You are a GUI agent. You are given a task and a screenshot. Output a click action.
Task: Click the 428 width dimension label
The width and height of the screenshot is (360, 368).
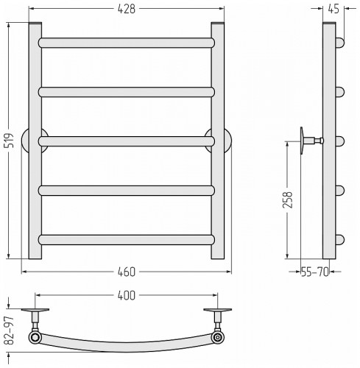(x=127, y=9)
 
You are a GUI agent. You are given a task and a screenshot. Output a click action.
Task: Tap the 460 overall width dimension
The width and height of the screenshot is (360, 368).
(x=127, y=272)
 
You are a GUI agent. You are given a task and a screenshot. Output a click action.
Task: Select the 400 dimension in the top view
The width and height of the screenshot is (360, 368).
(x=127, y=295)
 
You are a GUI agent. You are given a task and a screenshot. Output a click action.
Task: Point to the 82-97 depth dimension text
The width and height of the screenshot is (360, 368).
(x=9, y=330)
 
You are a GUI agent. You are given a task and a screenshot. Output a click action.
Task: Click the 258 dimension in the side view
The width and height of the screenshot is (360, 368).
(x=288, y=200)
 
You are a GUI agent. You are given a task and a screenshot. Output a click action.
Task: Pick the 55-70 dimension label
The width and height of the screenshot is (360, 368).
(x=315, y=272)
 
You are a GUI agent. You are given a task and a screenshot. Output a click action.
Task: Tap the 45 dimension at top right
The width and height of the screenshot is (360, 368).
(x=333, y=9)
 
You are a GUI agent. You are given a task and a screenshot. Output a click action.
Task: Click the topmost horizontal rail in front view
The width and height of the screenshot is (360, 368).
(x=127, y=43)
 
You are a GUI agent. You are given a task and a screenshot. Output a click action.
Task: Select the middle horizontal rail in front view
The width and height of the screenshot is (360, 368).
(x=127, y=141)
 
